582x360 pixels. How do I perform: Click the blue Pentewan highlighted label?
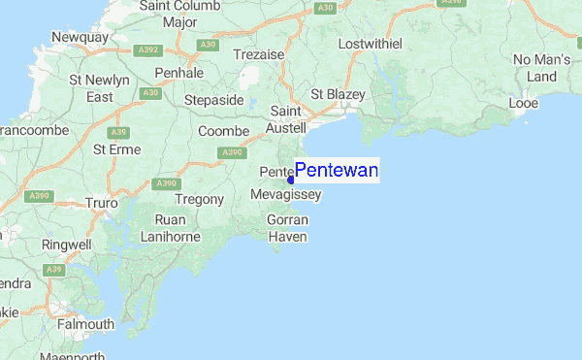336,171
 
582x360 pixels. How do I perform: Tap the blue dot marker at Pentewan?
291,180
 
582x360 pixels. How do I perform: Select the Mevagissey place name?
285,195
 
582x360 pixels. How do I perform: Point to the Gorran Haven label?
287,229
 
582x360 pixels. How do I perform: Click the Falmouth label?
84,324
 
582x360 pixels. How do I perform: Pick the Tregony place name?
202,200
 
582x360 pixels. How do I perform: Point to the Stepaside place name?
214,100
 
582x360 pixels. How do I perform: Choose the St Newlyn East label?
100,88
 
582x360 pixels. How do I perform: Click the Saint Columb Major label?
180,14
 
